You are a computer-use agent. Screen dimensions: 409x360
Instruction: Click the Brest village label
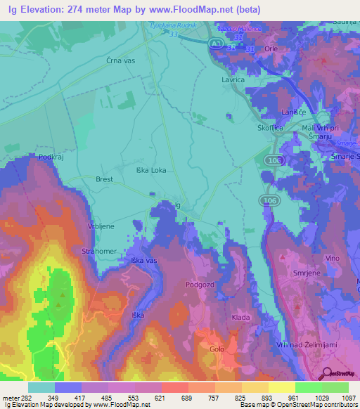click(104, 179)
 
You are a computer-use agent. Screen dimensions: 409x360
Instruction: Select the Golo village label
click(217, 349)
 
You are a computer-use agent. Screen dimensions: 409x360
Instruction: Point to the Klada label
click(241, 318)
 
